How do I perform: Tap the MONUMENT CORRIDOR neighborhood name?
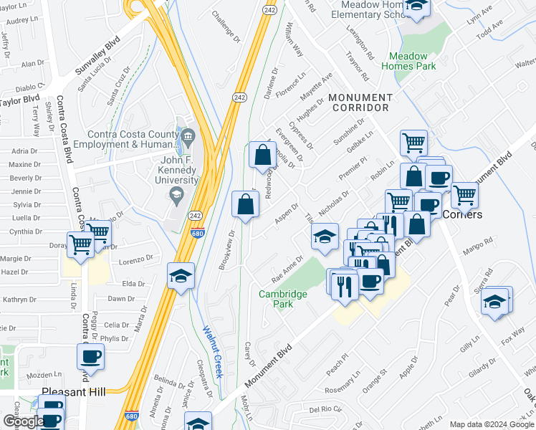pos(360,102)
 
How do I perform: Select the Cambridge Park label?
pos(283,300)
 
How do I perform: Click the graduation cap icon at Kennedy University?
pos(174,194)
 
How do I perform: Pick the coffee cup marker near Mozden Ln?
pos(91,355)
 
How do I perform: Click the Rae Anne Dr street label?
pos(288,269)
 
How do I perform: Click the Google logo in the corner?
pos(24,421)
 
